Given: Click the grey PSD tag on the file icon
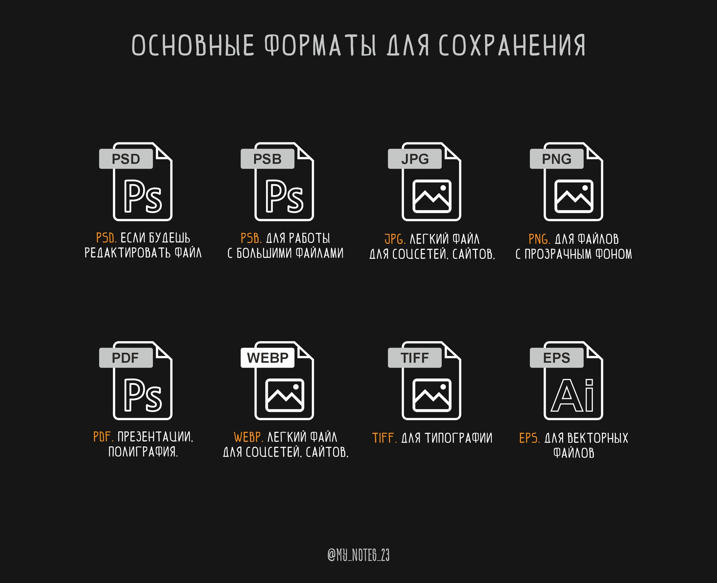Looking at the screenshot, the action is [x=126, y=159].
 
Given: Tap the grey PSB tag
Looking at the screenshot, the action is [x=267, y=159].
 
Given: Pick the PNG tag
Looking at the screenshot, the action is [x=557, y=159].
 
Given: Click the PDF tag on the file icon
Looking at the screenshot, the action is [x=126, y=358].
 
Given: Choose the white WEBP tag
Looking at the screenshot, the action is [x=267, y=358].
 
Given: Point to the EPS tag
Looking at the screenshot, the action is [x=557, y=358].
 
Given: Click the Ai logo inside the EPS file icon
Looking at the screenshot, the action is [x=572, y=395].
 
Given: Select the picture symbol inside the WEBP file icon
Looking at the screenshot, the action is [x=285, y=395].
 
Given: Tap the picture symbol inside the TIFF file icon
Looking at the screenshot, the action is [x=432, y=395].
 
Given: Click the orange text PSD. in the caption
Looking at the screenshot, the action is [x=106, y=238].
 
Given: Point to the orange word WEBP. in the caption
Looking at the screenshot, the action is [x=248, y=437].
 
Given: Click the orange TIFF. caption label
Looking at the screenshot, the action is [x=384, y=438].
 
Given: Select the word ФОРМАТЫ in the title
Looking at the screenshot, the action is [x=320, y=45].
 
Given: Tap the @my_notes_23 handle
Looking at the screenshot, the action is [x=358, y=555].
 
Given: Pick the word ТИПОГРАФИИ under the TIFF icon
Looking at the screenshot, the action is [x=458, y=438].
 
